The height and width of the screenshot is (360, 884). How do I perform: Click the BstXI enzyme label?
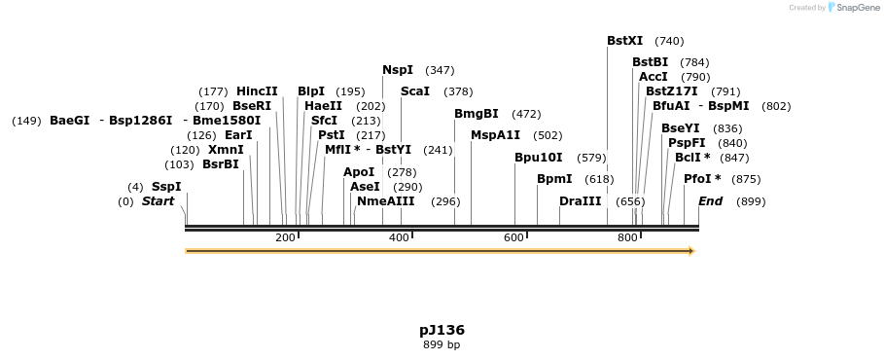[x=624, y=41]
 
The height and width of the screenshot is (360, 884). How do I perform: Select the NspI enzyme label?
[x=398, y=70]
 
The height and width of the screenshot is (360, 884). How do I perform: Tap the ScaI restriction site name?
[x=414, y=91]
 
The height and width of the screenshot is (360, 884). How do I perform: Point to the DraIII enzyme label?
[x=581, y=201]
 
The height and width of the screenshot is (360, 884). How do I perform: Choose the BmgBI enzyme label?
[x=477, y=114]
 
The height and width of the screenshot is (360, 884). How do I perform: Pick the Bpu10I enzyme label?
[x=538, y=158]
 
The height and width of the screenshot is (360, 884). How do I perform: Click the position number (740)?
[x=669, y=41]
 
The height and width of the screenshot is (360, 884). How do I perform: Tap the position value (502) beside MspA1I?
[x=548, y=135]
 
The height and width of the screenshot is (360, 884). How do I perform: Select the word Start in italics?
[x=159, y=201]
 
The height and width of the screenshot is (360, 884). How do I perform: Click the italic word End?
[x=710, y=201]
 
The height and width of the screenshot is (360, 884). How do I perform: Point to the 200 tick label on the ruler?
[x=285, y=238]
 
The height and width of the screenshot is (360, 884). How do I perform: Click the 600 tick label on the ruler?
[x=513, y=238]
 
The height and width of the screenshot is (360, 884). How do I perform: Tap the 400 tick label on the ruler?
[x=399, y=238]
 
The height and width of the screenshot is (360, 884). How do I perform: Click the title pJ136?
[x=442, y=330]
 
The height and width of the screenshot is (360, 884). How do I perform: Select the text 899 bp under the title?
[x=442, y=345]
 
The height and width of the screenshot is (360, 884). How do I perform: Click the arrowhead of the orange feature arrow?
[x=691, y=251]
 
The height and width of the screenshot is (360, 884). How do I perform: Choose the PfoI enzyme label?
[x=697, y=179]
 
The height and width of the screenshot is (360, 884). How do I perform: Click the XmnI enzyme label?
[x=226, y=150]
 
